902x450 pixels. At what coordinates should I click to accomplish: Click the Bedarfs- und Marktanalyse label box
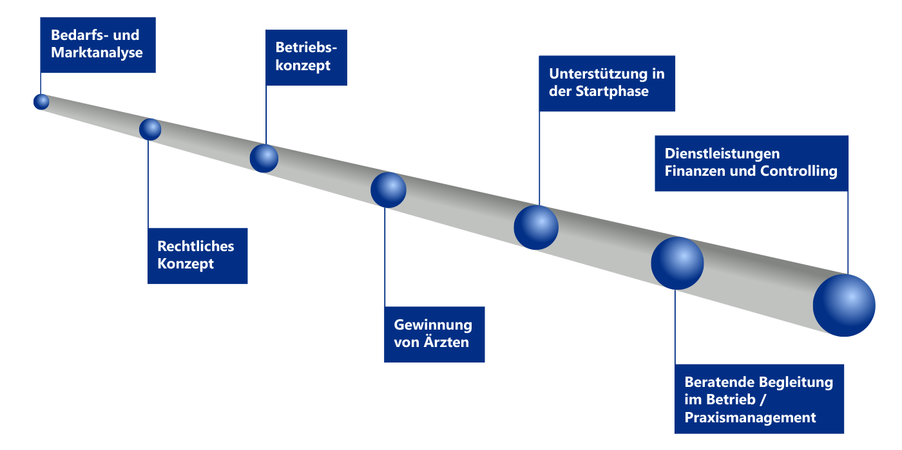pos(97,44)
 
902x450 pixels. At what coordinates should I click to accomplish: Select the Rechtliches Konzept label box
pos(198,256)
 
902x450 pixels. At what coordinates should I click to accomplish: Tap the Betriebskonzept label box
pos(307,57)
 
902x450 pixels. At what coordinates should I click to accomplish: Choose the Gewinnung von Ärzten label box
pos(434,334)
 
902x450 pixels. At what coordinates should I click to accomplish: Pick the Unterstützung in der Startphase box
pos(607,83)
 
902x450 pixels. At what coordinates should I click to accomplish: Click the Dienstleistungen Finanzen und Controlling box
pos(751,163)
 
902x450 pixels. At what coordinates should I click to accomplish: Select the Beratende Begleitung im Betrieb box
pos(759,400)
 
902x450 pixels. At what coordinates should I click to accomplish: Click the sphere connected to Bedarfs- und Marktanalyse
pos(41,102)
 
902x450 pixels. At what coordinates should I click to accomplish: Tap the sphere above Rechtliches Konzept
pos(150,129)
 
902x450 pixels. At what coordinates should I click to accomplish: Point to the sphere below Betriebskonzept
pos(264,158)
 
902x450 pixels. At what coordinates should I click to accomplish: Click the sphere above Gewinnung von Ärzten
pos(389,190)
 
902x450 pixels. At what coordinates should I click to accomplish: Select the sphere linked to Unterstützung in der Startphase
pos(536,227)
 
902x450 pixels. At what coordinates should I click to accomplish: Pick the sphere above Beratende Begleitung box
pos(677,263)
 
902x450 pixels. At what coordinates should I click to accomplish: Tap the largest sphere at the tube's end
pos(844,305)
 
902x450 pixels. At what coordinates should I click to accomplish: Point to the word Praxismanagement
pos(750,417)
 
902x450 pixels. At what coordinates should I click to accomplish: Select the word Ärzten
pos(446,342)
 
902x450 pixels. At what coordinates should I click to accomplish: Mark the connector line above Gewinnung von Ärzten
pos(385,258)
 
